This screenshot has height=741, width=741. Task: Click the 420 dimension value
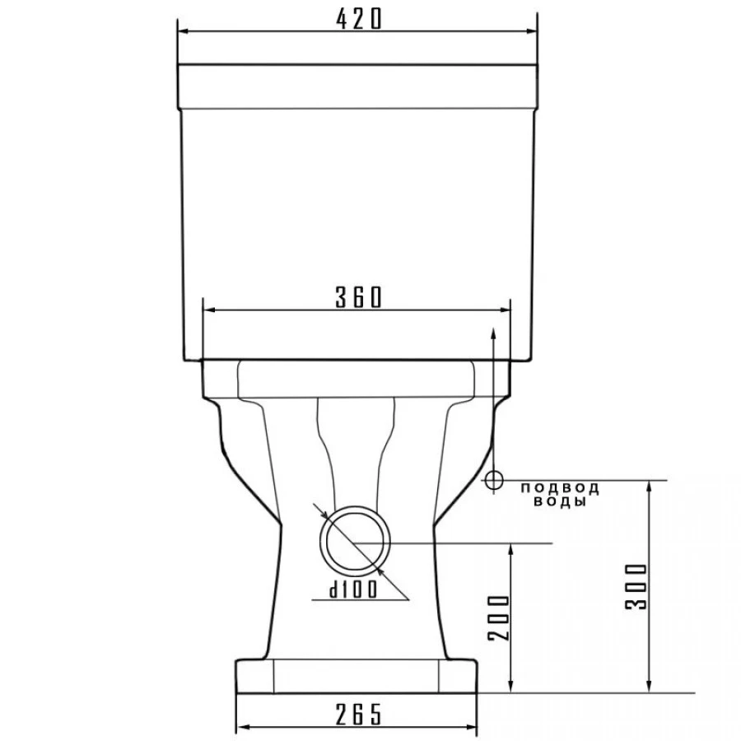tap(358, 19)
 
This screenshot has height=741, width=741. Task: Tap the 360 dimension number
tap(358, 298)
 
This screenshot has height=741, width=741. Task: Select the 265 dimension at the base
tap(358, 715)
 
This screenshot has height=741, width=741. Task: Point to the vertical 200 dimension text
tap(499, 617)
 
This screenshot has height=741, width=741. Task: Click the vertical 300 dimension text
tap(636, 586)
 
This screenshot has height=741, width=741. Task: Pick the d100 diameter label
tap(353, 590)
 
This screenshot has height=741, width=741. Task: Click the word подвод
tap(560, 487)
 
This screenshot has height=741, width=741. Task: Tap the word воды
tap(560, 501)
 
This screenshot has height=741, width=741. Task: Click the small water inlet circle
tap(493, 481)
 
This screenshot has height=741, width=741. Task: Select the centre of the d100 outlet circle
tap(356, 542)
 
